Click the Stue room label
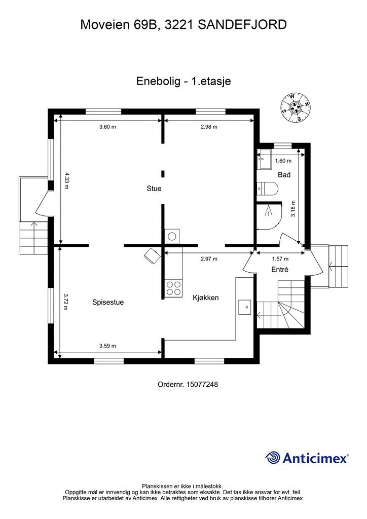coord(154,189)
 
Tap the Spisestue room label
coord(108,302)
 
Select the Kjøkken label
coord(205,298)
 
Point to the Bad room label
coord(284,174)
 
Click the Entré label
coord(280,270)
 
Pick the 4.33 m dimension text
coord(66,180)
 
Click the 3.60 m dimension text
coord(107,127)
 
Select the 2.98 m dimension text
coord(209,127)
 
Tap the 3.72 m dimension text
coord(66,302)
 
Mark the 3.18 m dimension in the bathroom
coord(293,208)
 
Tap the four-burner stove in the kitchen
coord(174,288)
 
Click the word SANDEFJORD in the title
coord(242,24)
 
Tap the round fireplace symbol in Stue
coord(172,236)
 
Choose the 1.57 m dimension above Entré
coord(280,259)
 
